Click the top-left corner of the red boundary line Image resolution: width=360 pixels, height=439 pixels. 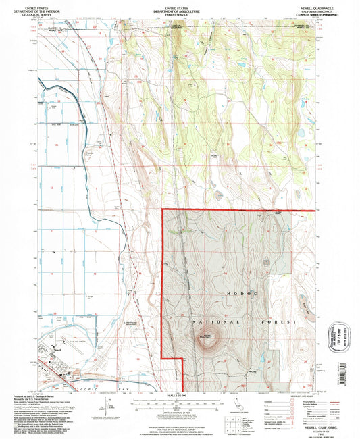point(164,211)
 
